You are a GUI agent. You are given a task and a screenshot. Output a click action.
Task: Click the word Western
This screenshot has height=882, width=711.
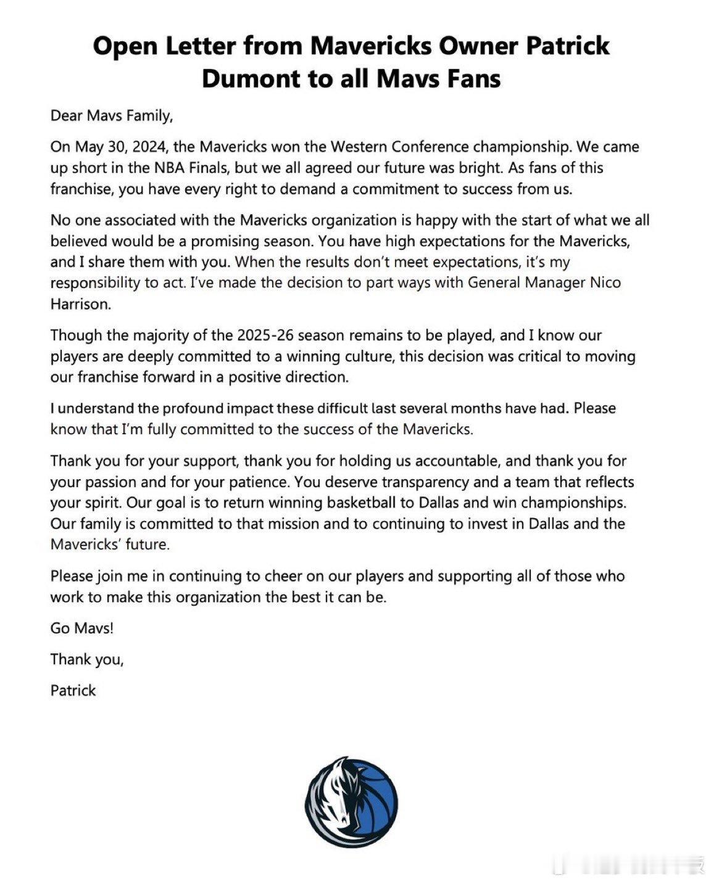pos(364,147)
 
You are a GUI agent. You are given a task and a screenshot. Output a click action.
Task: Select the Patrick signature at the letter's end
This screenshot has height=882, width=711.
pos(73,690)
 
